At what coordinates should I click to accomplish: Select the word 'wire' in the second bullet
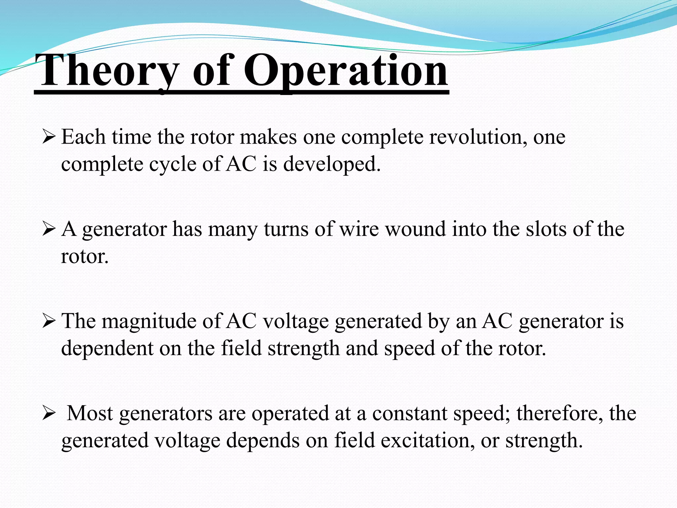pyautogui.click(x=359, y=229)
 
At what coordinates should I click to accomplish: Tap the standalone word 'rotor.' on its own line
pyautogui.click(x=85, y=257)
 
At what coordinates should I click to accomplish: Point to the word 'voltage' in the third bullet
pyautogui.click(x=296, y=321)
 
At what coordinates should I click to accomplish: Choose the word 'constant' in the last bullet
pyautogui.click(x=410, y=413)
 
